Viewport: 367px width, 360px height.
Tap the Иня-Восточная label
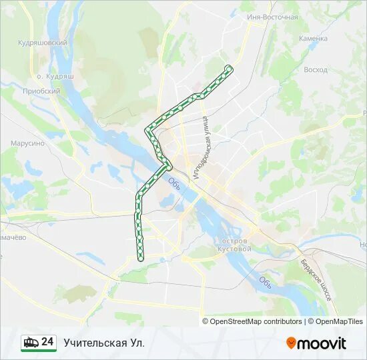272,17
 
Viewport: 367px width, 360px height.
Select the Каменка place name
313,39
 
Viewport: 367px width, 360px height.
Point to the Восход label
315,69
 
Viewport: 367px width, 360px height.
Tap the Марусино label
27,143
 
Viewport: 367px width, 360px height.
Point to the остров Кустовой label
234,244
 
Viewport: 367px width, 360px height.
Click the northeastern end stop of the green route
230,67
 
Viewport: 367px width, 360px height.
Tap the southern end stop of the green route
141,258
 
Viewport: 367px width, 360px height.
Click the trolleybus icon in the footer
31,342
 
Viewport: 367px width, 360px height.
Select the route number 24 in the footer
47,342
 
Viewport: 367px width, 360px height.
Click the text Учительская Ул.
103,343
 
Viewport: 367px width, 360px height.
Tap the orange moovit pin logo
292,343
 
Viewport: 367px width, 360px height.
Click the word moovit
322,343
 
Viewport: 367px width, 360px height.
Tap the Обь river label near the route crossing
175,182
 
